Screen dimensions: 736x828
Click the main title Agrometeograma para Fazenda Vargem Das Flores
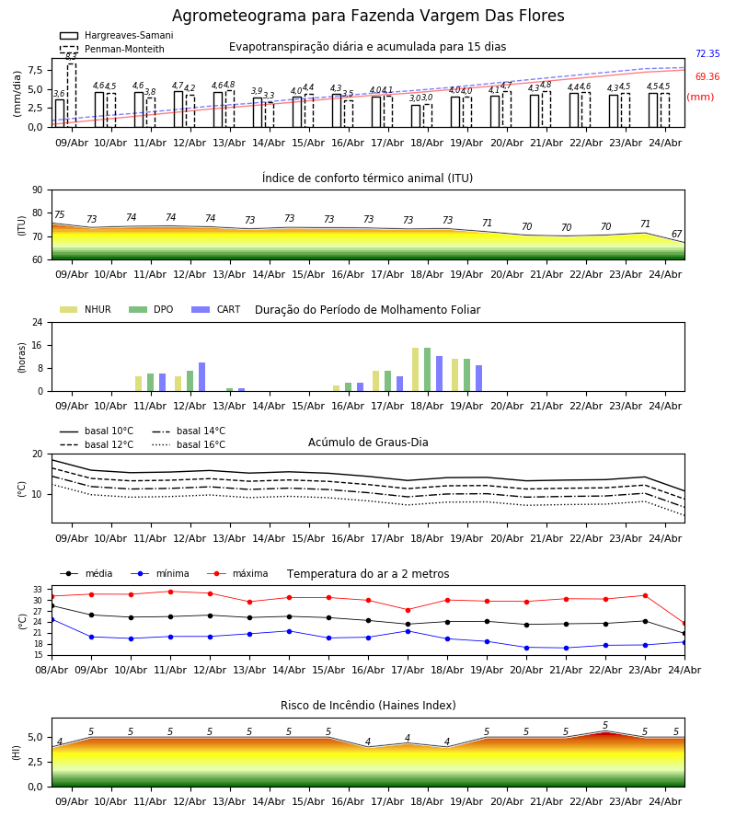pyautogui.click(x=368, y=16)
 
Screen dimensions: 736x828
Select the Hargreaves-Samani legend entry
pyautogui.click(x=116, y=35)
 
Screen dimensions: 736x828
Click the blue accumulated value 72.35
pyautogui.click(x=707, y=53)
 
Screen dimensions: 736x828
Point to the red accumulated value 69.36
pyautogui.click(x=707, y=76)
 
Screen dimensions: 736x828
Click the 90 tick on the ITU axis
pyautogui.click(x=38, y=190)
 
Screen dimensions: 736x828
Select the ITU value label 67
pyautogui.click(x=676, y=234)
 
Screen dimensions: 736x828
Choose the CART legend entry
pyautogui.click(x=215, y=309)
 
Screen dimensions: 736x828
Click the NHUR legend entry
pyautogui.click(x=85, y=309)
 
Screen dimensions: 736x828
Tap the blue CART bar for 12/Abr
pyautogui.click(x=201, y=377)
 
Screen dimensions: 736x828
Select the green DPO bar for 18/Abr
pyautogui.click(x=427, y=370)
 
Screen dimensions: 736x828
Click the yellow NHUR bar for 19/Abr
pyautogui.click(x=455, y=375)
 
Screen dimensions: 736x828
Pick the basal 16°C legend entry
pyautogui.click(x=189, y=444)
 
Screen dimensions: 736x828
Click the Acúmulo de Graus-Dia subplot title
pyautogui.click(x=368, y=442)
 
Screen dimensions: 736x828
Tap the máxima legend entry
pyautogui.click(x=237, y=573)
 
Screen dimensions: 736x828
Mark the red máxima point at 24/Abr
pyautogui.click(x=684, y=624)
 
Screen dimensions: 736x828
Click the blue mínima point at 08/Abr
pyautogui.click(x=52, y=619)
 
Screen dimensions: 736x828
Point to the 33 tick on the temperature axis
pyautogui.click(x=38, y=590)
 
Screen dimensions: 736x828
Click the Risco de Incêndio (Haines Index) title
pyautogui.click(x=368, y=705)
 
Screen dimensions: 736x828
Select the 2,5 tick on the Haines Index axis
pyautogui.click(x=35, y=762)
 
